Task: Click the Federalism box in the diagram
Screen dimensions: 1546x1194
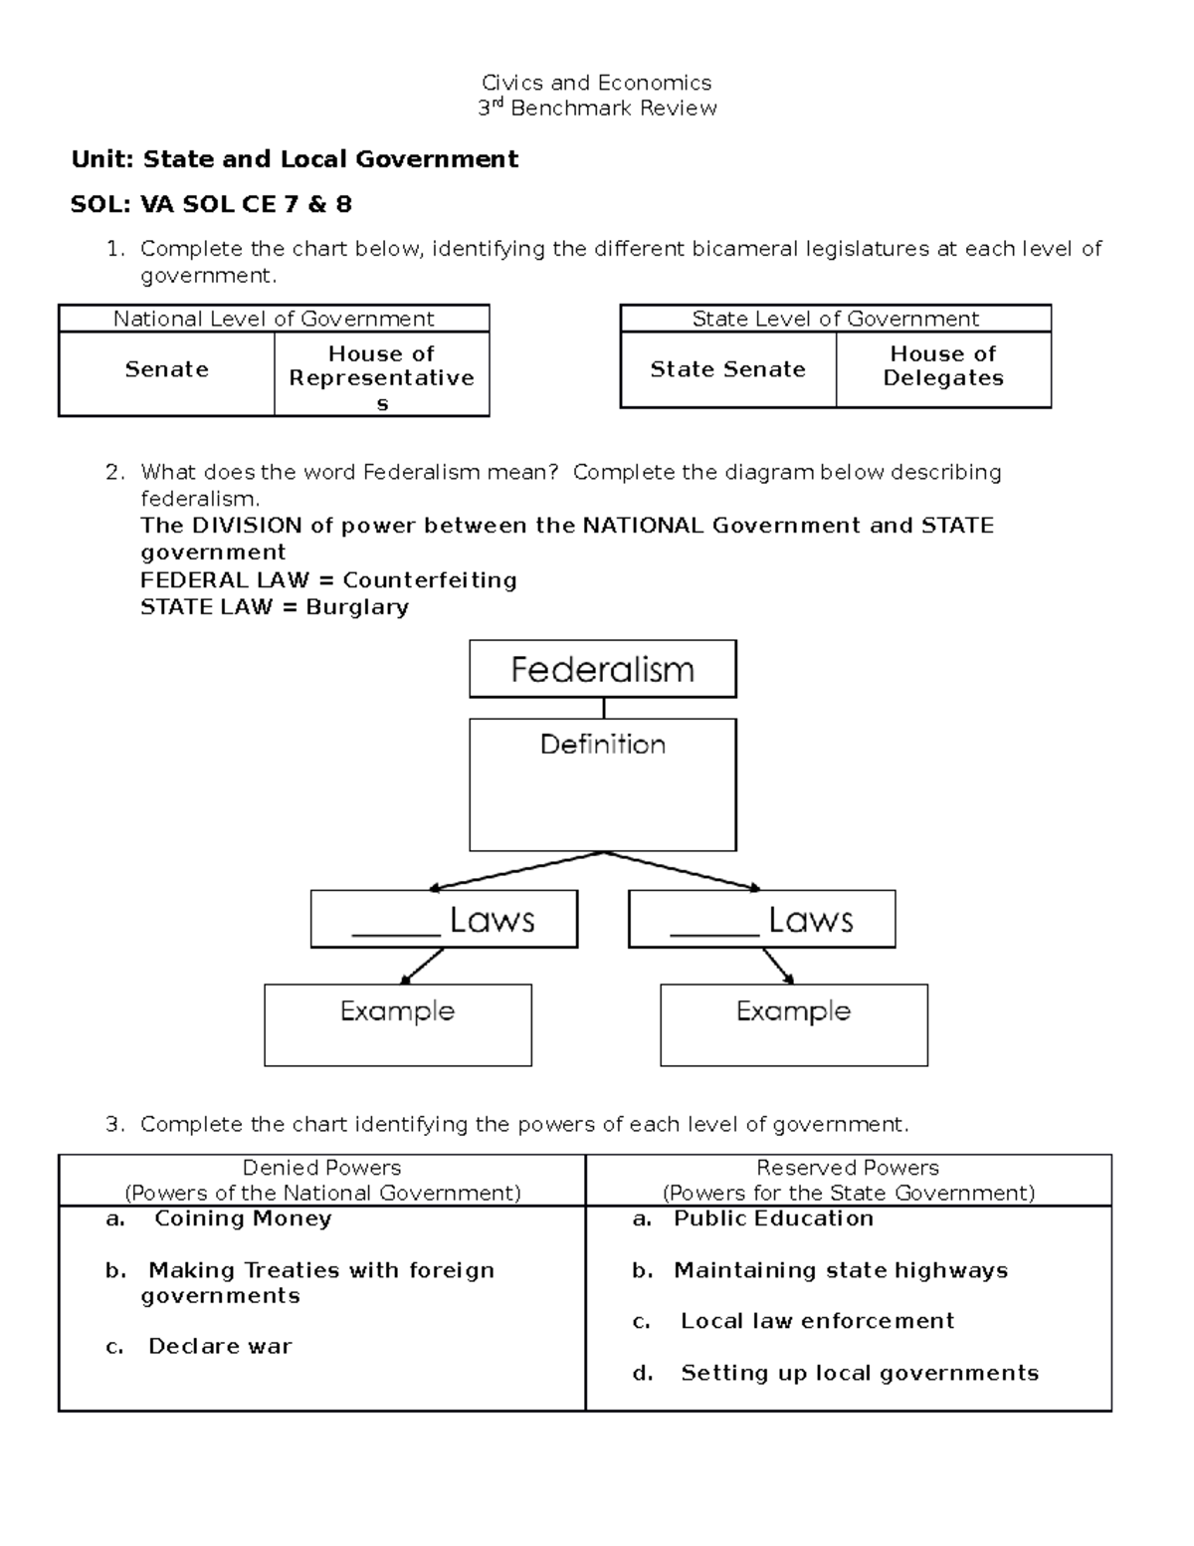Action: tap(602, 669)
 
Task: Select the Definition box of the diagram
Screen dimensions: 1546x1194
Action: tap(602, 784)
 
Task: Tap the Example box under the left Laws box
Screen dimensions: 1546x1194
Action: tap(397, 1024)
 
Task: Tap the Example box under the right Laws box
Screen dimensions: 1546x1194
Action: tap(793, 1024)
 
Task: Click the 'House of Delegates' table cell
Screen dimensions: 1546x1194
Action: tap(943, 366)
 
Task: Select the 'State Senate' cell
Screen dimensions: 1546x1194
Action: tap(727, 369)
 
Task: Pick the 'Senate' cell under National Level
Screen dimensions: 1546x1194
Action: tap(166, 370)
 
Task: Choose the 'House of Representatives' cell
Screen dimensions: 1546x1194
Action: tap(381, 377)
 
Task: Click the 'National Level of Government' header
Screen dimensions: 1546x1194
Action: tap(274, 319)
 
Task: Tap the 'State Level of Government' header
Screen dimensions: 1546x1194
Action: tap(835, 319)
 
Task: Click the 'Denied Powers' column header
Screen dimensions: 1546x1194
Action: tap(321, 1180)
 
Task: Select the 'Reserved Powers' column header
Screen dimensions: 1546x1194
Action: tap(848, 1180)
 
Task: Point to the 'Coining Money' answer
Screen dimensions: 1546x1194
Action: tap(242, 1218)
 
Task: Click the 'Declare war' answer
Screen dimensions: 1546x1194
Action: tap(220, 1347)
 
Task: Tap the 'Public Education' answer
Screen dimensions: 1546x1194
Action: tap(773, 1218)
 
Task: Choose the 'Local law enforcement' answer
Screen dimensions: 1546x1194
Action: tap(817, 1321)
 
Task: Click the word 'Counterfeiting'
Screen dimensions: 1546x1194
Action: tap(430, 580)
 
